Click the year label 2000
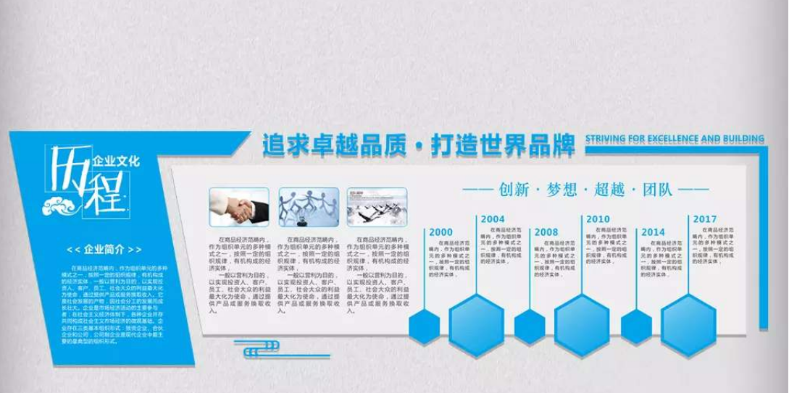click(441, 232)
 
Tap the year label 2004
click(493, 219)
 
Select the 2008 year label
click(546, 232)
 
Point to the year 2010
click(598, 219)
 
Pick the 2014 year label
click(653, 232)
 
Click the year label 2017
click(704, 219)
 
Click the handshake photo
click(236, 205)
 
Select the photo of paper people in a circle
click(306, 205)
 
